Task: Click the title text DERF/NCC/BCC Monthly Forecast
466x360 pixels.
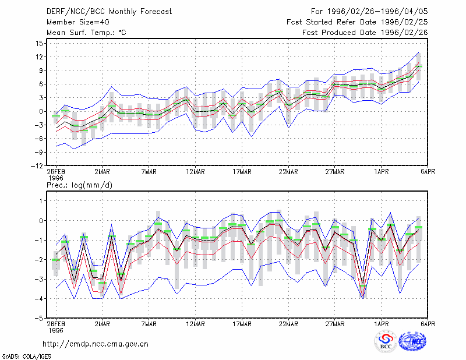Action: (x=109, y=12)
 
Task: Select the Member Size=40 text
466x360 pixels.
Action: (x=78, y=22)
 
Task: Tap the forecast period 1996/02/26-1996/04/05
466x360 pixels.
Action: (x=377, y=12)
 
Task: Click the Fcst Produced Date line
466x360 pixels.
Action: (x=365, y=33)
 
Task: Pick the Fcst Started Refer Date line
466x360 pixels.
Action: (x=357, y=22)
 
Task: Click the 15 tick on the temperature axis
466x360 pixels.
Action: (x=39, y=44)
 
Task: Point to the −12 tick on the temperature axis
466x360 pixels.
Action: (x=37, y=166)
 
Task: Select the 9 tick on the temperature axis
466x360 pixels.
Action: (x=41, y=70)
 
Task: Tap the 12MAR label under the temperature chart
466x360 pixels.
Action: (x=195, y=172)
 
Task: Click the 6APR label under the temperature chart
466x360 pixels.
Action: (x=428, y=172)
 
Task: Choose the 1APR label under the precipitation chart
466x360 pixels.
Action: (x=382, y=324)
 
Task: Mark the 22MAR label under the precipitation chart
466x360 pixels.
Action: (x=288, y=324)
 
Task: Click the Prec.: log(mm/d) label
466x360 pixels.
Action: (x=80, y=185)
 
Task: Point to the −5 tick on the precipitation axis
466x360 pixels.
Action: (x=39, y=319)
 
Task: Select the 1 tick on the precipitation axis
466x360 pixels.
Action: (x=41, y=201)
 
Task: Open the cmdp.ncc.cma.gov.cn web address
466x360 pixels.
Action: (x=96, y=344)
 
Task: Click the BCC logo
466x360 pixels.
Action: (x=386, y=342)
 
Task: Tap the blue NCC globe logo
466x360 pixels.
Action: (x=412, y=341)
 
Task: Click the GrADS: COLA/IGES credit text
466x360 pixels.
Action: (x=26, y=357)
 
